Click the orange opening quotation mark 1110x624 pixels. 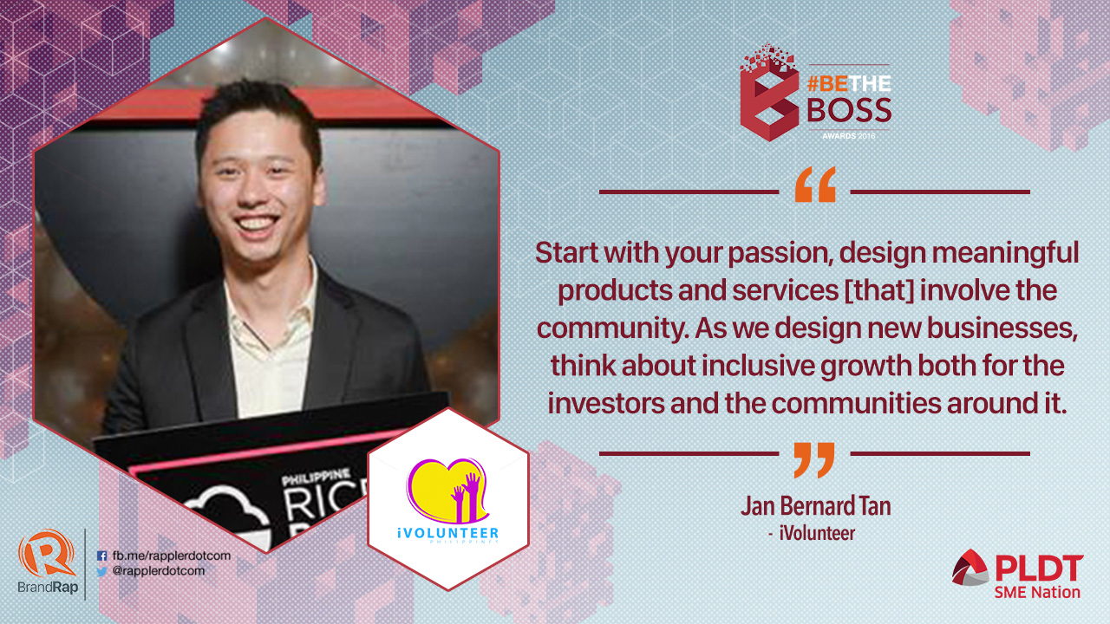coord(815,185)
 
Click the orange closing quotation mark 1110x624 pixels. coord(814,460)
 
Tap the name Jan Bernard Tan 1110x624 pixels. coord(816,506)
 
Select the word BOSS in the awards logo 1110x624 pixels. coord(849,110)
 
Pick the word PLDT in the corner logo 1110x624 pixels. coord(1039,568)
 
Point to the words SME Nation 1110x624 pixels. coord(1037,592)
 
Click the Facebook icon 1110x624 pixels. coord(102,556)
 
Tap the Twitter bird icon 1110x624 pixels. coord(102,571)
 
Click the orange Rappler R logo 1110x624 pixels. coord(47,554)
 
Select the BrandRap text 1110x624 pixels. coord(48,588)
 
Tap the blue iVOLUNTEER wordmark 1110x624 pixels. coord(448,533)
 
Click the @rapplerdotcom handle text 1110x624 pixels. coord(159,571)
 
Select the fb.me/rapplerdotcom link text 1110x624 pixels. coord(172,556)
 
